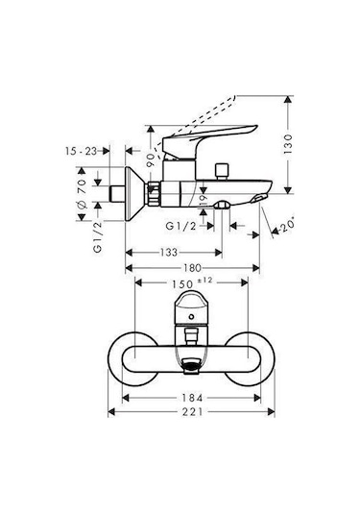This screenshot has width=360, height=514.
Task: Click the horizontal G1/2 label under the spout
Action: pos(180,226)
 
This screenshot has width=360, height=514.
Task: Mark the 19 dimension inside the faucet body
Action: pos(202,197)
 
